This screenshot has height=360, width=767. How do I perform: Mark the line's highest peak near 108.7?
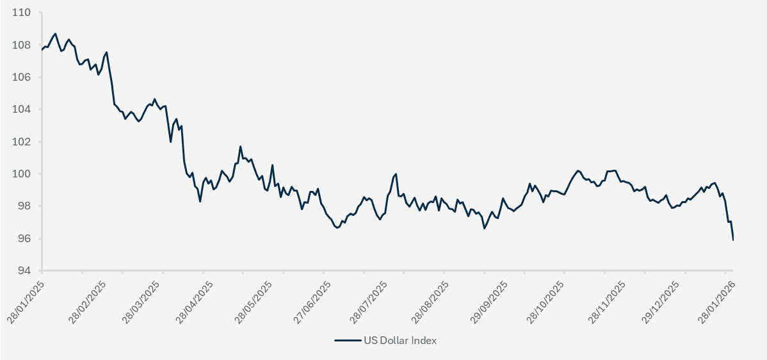55,33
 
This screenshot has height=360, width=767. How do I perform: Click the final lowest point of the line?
733,240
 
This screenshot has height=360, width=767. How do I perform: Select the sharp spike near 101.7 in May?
241,147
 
